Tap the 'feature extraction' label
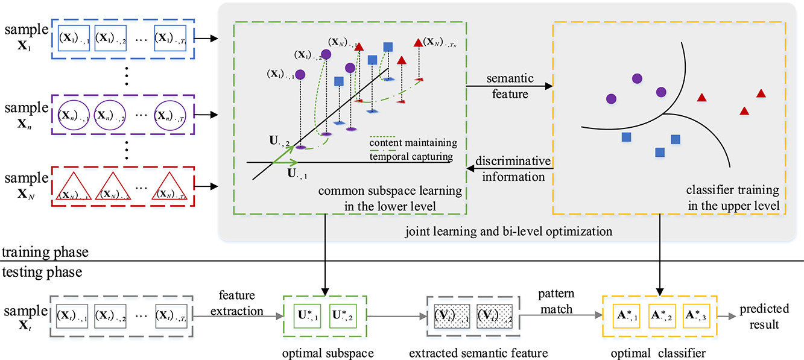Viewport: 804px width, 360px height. coord(241,303)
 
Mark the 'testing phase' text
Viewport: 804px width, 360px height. coord(41,271)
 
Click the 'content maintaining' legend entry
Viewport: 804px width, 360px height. coord(413,142)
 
